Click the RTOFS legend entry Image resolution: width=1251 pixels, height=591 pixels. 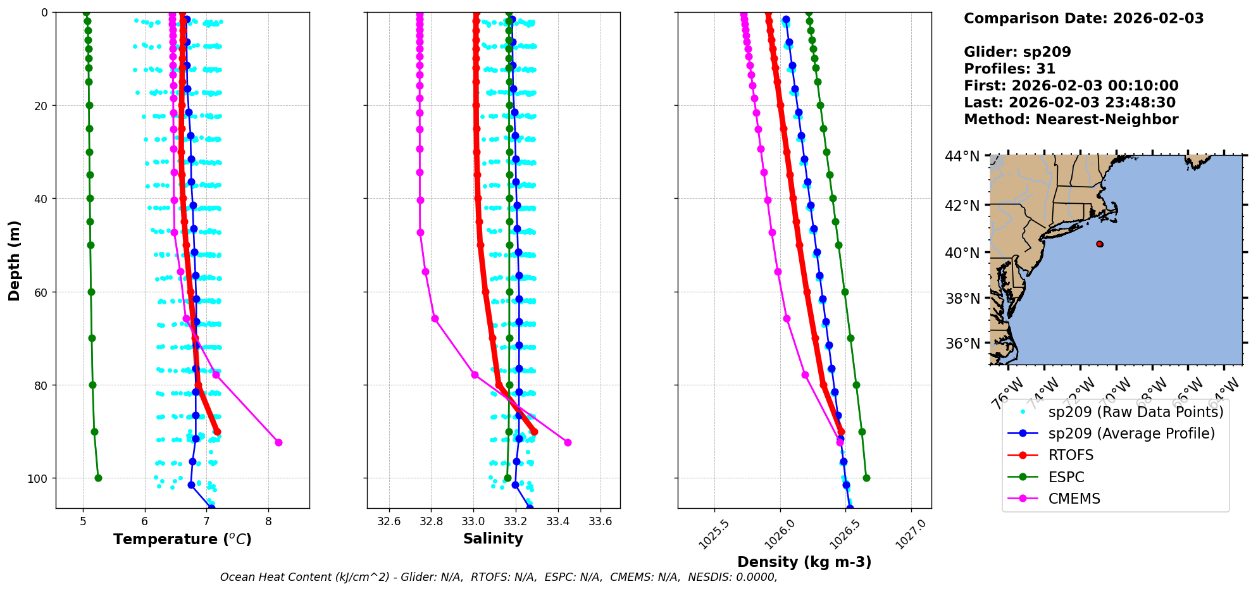point(1071,455)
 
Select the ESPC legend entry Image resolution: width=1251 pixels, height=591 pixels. point(1066,477)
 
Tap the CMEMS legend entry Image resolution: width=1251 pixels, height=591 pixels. point(1074,499)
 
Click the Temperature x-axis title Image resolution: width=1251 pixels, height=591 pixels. point(182,539)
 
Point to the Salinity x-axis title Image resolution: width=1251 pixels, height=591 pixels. point(493,538)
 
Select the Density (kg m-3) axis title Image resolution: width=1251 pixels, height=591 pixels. point(804,562)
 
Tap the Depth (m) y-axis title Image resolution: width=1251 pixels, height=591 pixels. point(15,260)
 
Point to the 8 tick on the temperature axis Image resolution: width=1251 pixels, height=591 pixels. point(269,521)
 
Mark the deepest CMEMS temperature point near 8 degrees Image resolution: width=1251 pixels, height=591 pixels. point(278,442)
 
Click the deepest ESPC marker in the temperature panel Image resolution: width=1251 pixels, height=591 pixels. point(98,478)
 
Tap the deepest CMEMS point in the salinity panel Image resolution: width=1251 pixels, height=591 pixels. point(568,442)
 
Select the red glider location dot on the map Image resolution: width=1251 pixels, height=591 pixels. point(1100,244)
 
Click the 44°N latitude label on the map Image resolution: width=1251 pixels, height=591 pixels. point(962,156)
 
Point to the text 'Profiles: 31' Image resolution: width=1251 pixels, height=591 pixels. point(1009,69)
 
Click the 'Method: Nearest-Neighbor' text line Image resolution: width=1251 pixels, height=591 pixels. point(1071,120)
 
